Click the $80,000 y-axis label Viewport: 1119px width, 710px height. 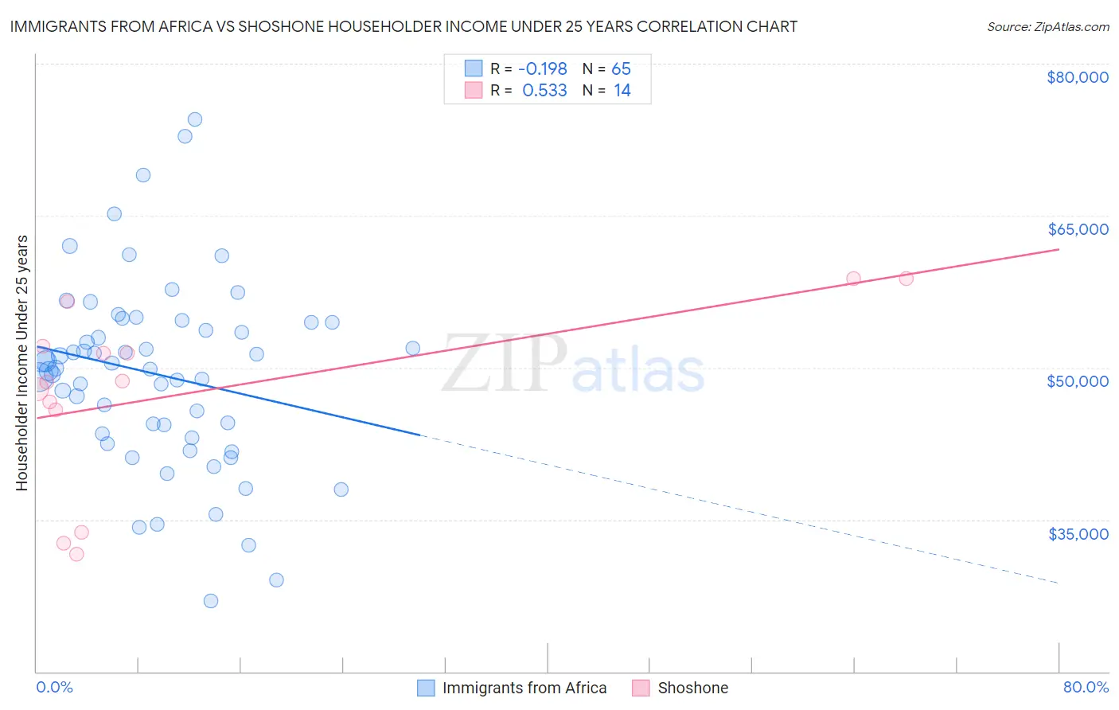[1077, 77]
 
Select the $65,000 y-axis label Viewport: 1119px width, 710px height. [1078, 229]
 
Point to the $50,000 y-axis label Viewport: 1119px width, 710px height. [1078, 381]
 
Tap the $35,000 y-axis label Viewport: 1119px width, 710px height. [1078, 533]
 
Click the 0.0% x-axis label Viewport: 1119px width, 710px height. [54, 687]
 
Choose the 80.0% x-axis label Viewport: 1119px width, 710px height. [1086, 687]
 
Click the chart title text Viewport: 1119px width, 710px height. [404, 26]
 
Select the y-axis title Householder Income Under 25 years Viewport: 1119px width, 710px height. [22, 362]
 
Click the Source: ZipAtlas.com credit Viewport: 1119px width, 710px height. [1047, 26]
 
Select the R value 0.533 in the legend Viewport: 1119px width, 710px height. [544, 91]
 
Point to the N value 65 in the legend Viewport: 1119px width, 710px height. [621, 69]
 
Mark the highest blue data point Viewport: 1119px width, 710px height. [195, 119]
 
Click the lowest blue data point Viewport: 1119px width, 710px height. [211, 601]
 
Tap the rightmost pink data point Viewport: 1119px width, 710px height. [906, 279]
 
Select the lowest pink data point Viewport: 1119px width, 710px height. [76, 554]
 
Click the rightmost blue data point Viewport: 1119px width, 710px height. [413, 348]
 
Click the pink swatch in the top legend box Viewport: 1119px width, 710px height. [474, 90]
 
